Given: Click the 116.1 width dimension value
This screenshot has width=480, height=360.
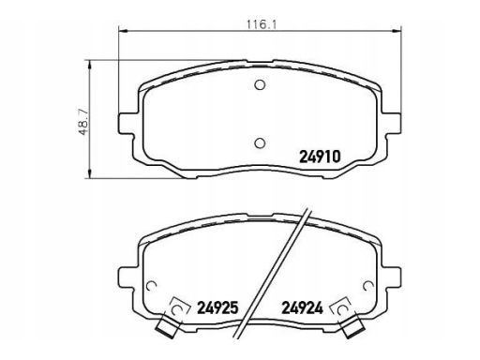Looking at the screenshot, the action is point(262,24).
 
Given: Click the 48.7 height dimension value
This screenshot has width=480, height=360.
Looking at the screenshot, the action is point(83,122).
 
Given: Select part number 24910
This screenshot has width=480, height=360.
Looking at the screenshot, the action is point(320,157).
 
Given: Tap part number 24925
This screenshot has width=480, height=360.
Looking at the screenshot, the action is point(217,307).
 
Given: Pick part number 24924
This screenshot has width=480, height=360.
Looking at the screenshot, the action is point(302,307).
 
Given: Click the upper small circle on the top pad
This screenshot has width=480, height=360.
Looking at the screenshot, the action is point(260,84).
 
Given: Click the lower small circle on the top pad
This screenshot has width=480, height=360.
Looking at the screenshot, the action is point(260,143).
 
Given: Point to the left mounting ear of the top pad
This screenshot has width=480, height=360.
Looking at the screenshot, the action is point(128,123).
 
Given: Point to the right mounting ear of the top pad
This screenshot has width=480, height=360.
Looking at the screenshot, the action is point(391,123).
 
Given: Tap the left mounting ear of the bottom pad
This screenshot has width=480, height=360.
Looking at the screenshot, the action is point(128,278).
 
